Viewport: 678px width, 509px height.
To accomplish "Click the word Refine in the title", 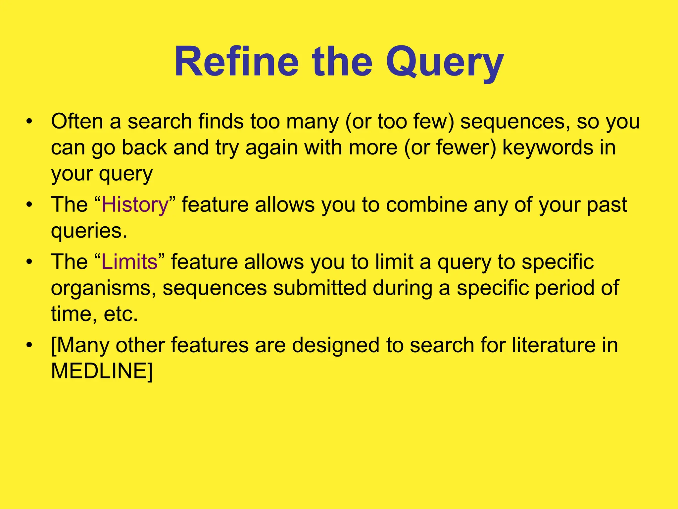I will click(x=237, y=62).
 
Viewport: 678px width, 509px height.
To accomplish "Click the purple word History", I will click(x=135, y=204).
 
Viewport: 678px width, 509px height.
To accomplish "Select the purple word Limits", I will click(x=129, y=262).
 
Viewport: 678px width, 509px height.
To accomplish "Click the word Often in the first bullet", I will click(x=77, y=121).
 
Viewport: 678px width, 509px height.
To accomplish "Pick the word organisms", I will click(x=103, y=288).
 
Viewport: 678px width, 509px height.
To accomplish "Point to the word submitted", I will click(x=319, y=288).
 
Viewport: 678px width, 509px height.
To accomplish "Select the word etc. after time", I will click(x=121, y=314).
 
